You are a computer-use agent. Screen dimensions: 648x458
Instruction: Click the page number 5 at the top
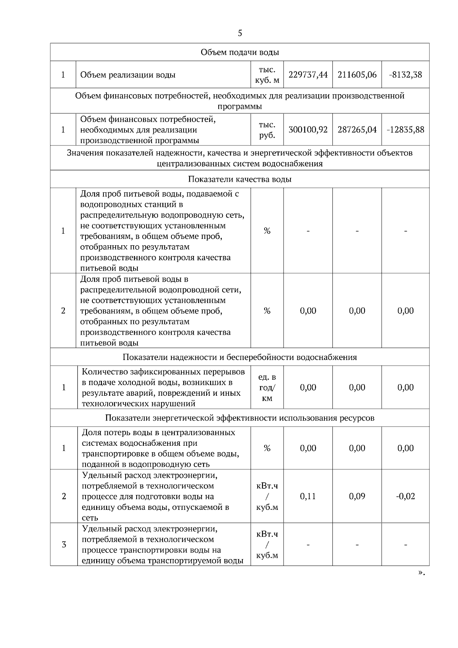tap(240, 33)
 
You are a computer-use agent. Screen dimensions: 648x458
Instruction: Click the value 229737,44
tap(308, 74)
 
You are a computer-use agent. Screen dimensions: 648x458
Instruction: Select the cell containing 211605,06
tap(357, 74)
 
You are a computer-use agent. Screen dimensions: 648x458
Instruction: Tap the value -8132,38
tap(405, 74)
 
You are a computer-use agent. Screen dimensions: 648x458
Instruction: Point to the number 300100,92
tap(308, 130)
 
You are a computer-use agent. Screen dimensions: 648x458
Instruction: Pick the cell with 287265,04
tap(357, 130)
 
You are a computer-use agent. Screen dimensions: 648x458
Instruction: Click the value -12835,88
tap(405, 130)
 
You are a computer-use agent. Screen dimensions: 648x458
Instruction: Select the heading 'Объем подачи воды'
tap(240, 52)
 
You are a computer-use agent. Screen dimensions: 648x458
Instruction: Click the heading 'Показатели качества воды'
tap(240, 179)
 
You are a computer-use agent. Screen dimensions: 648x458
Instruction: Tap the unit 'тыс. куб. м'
tap(267, 75)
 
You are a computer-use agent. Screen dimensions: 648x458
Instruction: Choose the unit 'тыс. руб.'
tap(267, 130)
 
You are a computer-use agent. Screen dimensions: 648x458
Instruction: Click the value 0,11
tap(308, 496)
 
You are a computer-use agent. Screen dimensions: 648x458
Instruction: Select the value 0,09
tap(357, 496)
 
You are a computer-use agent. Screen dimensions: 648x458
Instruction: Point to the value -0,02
tap(405, 496)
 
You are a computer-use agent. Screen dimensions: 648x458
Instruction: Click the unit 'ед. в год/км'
tap(267, 388)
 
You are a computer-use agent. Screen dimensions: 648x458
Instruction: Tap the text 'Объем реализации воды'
tap(128, 75)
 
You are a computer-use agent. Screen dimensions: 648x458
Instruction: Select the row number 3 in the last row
tap(64, 545)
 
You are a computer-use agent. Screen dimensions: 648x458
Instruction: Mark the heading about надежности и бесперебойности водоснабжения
tap(240, 357)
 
